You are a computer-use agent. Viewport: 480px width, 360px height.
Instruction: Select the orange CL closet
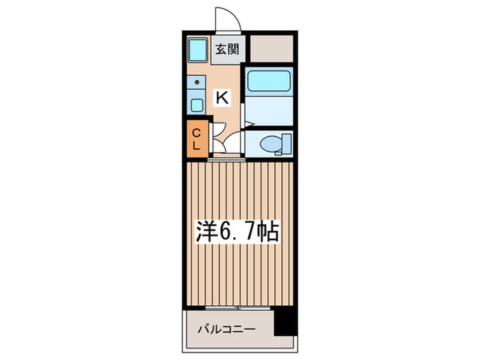(x=196, y=138)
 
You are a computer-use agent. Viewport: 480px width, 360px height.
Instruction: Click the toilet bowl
(x=272, y=145)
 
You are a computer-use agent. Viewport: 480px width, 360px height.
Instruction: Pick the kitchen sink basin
(x=197, y=106)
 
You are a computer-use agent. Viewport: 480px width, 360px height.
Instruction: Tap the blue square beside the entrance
(x=198, y=49)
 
